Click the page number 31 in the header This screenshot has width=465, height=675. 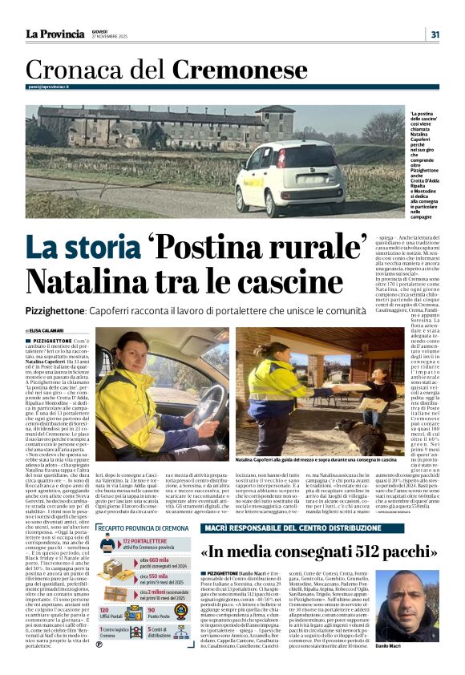coord(435,34)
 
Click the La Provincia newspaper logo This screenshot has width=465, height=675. coord(54,34)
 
